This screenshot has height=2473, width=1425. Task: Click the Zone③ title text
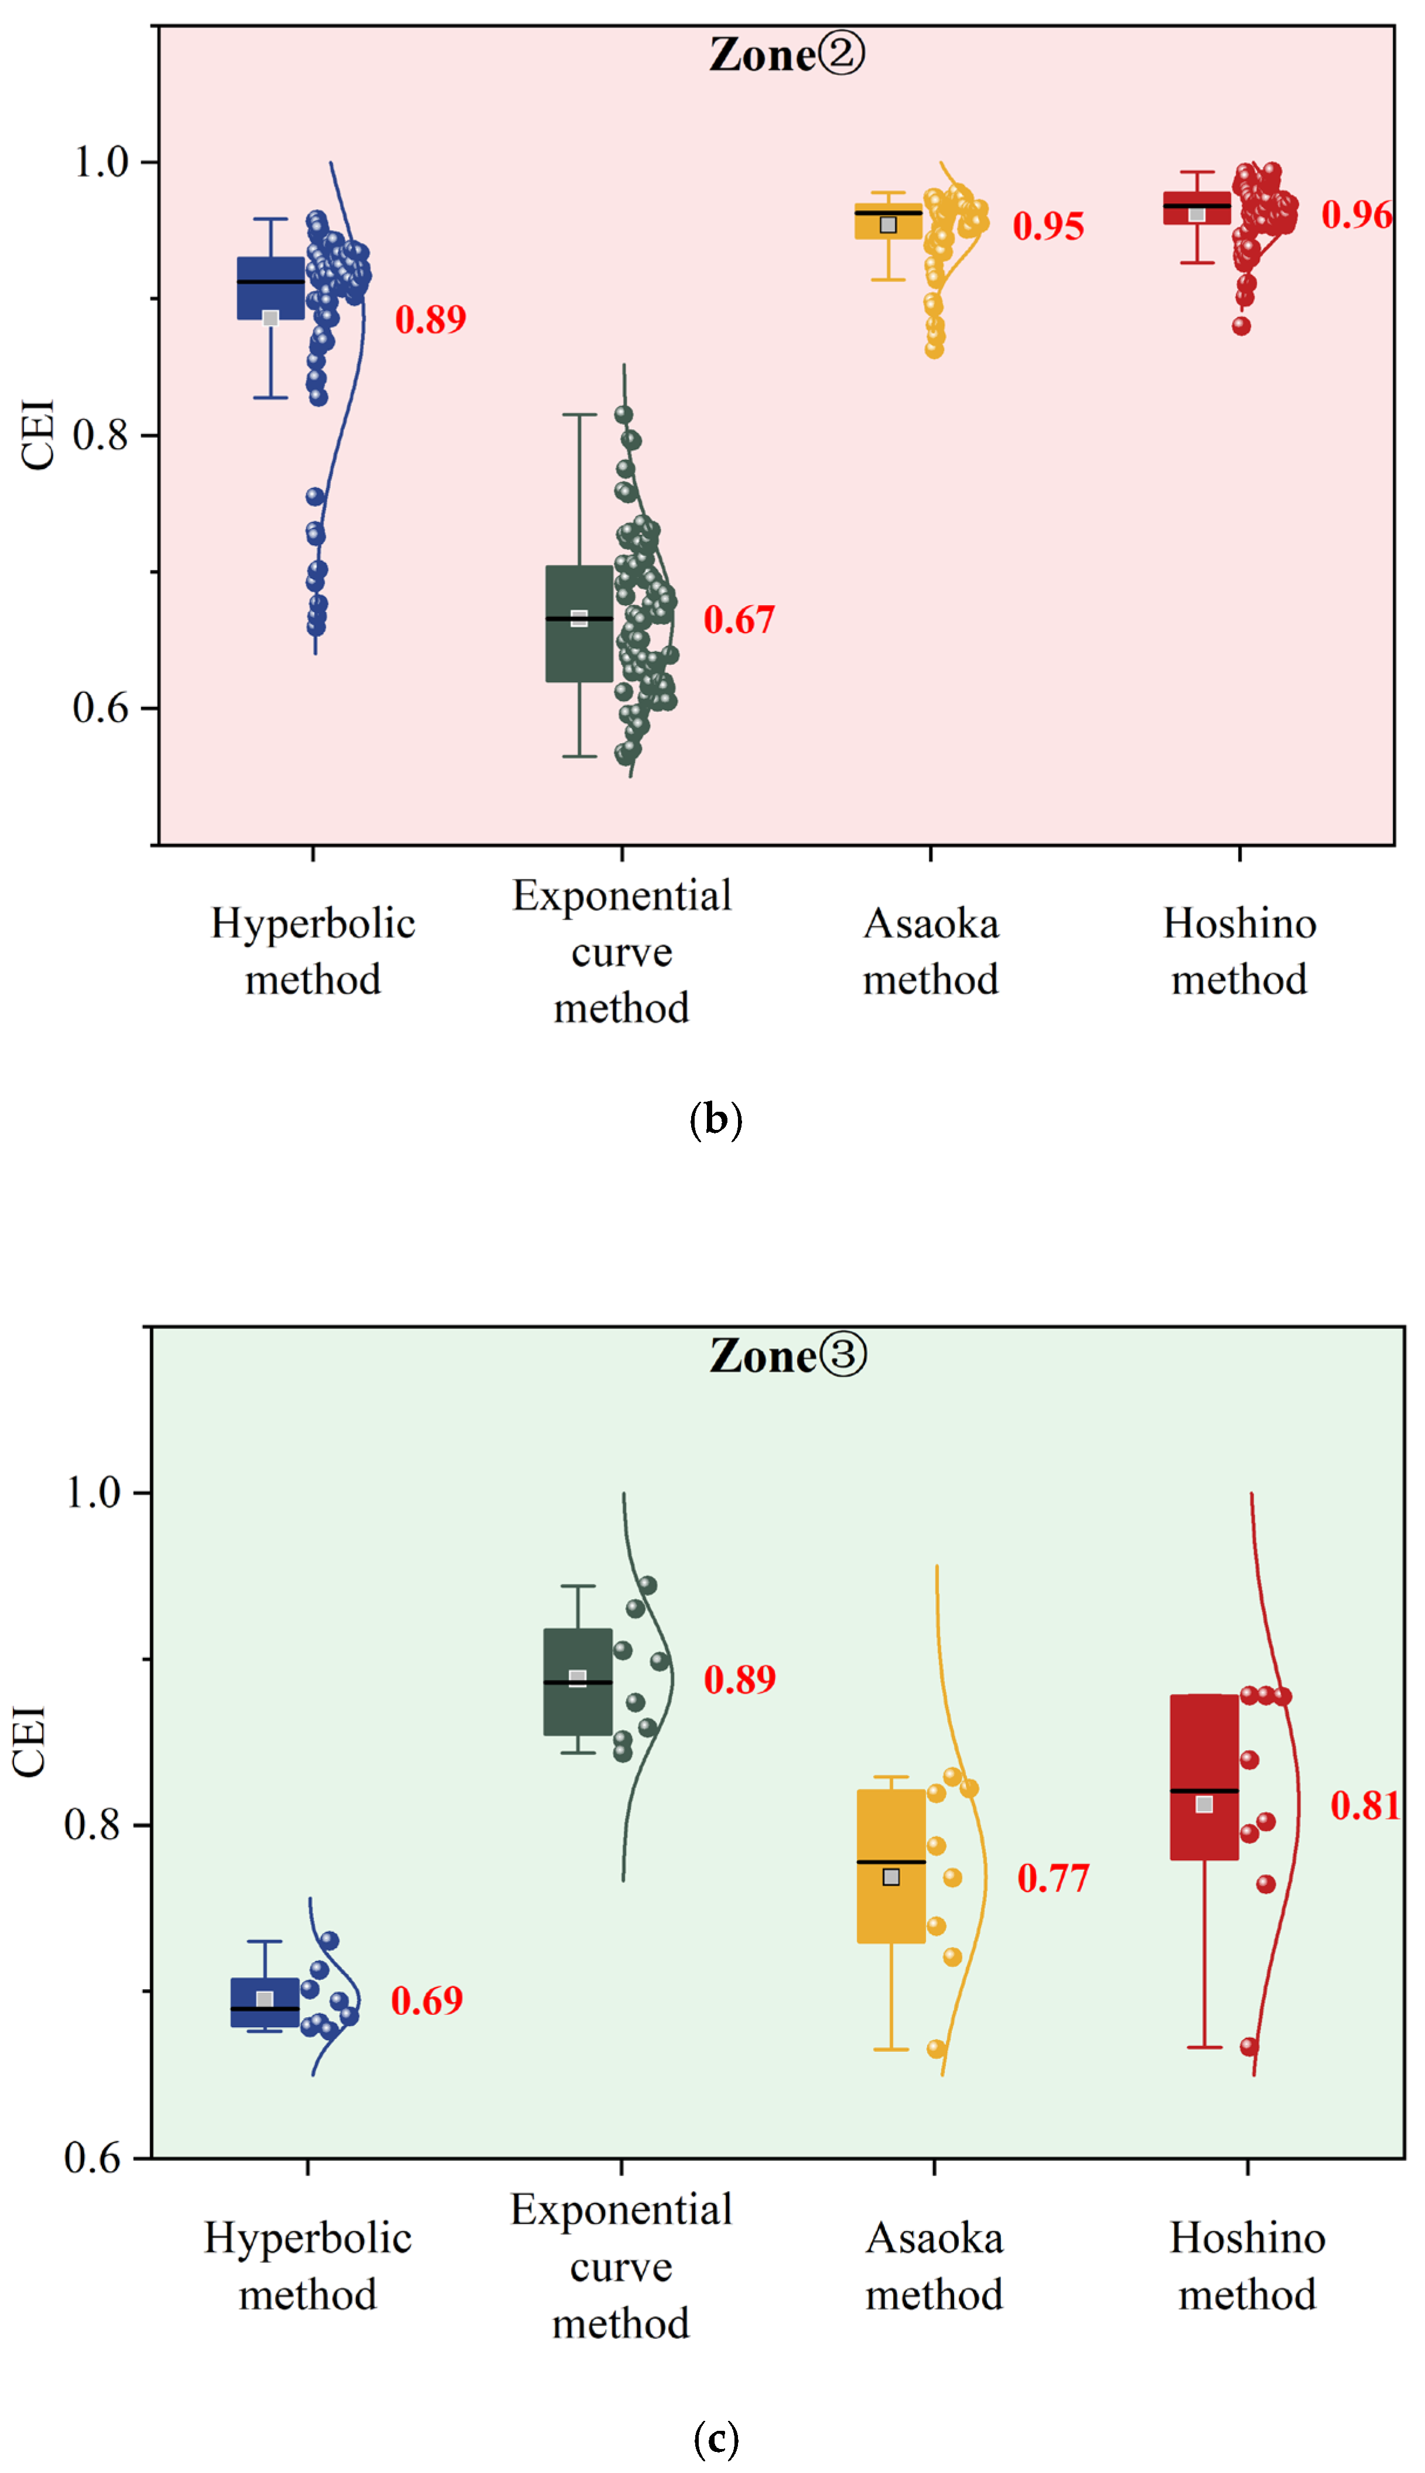pyautogui.click(x=788, y=1357)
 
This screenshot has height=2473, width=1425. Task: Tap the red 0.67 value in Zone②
pyautogui.click(x=739, y=620)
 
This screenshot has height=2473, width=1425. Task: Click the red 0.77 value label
pyautogui.click(x=1053, y=1878)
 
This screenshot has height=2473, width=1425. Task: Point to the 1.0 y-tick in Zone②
pyautogui.click(x=102, y=162)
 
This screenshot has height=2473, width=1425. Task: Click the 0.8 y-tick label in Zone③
pyautogui.click(x=92, y=1824)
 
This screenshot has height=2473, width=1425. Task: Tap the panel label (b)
pyautogui.click(x=716, y=1119)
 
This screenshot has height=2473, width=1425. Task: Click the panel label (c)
pyautogui.click(x=716, y=2438)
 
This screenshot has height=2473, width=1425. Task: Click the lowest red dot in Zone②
pyautogui.click(x=1241, y=326)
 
